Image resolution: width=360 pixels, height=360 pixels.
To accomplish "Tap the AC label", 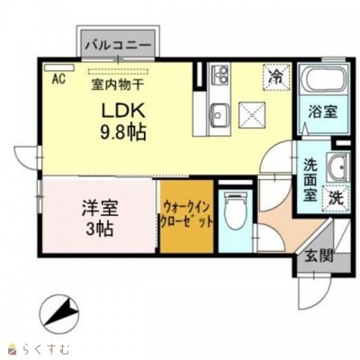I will tap(58, 78).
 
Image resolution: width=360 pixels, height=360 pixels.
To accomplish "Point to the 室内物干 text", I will tap(119, 85).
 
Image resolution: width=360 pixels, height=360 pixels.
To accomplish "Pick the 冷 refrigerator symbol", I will tap(274, 77).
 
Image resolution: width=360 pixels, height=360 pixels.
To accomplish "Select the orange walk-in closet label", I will tap(187, 215).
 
